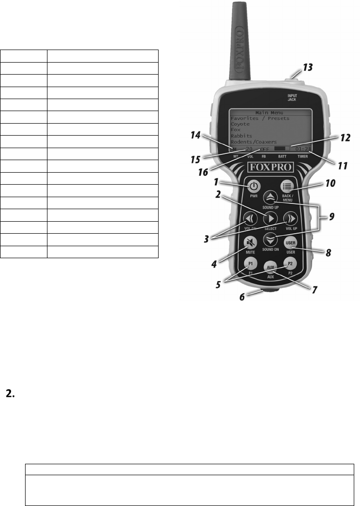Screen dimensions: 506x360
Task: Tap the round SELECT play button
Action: [270, 219]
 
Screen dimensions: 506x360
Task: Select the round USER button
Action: [290, 244]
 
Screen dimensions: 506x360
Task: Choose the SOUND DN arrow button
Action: [270, 239]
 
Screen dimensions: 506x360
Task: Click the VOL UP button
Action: [290, 219]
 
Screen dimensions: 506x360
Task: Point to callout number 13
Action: [309, 68]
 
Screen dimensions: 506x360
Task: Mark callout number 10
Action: [330, 184]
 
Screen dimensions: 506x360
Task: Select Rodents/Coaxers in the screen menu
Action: [254, 141]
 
